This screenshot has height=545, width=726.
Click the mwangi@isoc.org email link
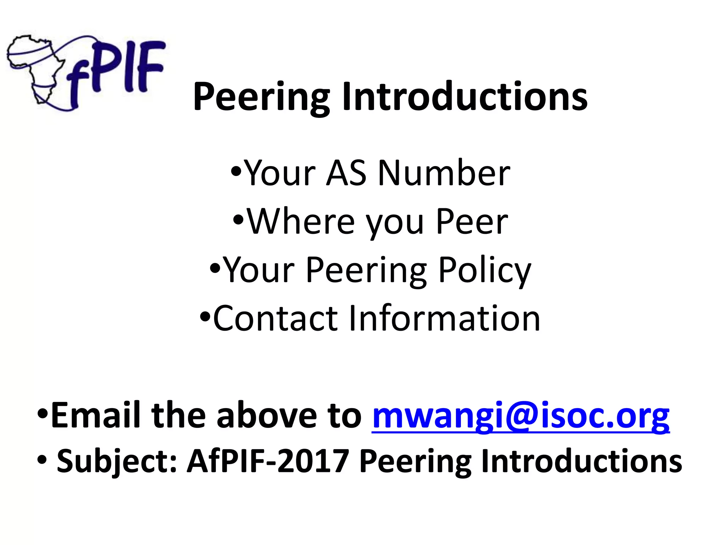[x=520, y=415]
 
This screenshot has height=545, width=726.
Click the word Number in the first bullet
[x=444, y=174]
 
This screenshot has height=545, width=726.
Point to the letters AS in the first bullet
[x=346, y=174]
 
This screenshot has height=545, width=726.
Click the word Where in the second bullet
[x=301, y=222]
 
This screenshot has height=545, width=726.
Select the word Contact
[x=275, y=318]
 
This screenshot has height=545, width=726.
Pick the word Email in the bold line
[x=96, y=415]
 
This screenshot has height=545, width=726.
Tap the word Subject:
[x=117, y=461]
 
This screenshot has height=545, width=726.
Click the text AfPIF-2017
[x=268, y=461]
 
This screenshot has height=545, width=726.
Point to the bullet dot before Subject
[x=41, y=461]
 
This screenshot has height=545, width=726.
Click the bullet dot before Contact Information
[x=205, y=315]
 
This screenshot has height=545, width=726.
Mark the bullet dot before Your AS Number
[x=236, y=171]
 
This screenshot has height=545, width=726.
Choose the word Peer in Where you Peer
[x=472, y=222]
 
